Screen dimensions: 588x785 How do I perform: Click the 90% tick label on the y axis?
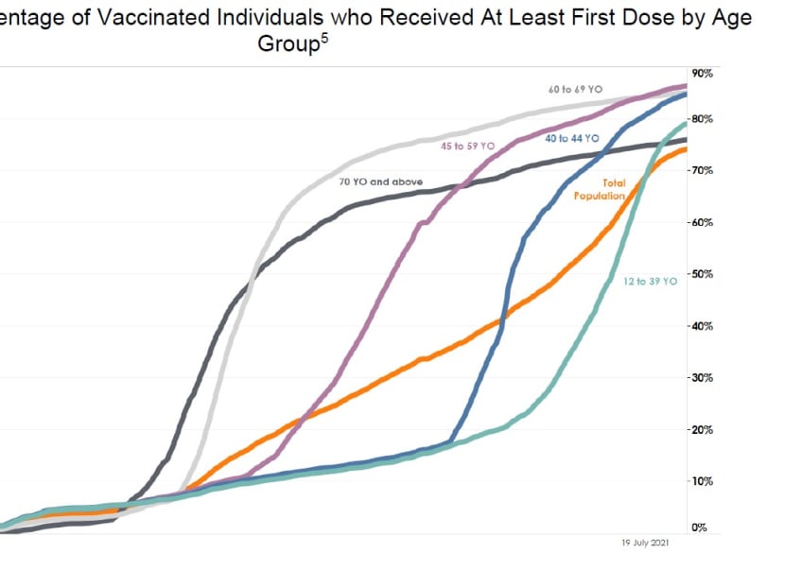click(x=702, y=73)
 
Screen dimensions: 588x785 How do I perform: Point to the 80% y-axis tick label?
click(x=702, y=119)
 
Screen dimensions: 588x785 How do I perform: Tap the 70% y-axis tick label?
click(x=702, y=171)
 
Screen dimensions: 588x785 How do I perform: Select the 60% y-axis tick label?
click(x=702, y=223)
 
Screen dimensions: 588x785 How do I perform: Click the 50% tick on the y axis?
click(x=702, y=274)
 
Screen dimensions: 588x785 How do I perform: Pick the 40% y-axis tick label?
click(x=702, y=326)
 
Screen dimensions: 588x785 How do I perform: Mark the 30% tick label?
click(x=702, y=378)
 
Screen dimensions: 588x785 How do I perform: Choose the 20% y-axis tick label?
click(x=702, y=430)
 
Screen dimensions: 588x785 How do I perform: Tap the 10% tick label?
click(x=702, y=481)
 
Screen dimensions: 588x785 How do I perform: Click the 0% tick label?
click(x=700, y=527)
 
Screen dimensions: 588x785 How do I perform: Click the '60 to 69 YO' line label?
click(x=575, y=89)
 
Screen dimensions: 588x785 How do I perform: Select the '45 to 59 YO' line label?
click(x=467, y=147)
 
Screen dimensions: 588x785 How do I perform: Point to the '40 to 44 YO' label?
click(x=572, y=138)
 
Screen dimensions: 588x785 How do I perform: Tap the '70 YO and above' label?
click(x=381, y=181)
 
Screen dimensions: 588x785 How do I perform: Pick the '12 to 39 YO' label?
click(x=651, y=282)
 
